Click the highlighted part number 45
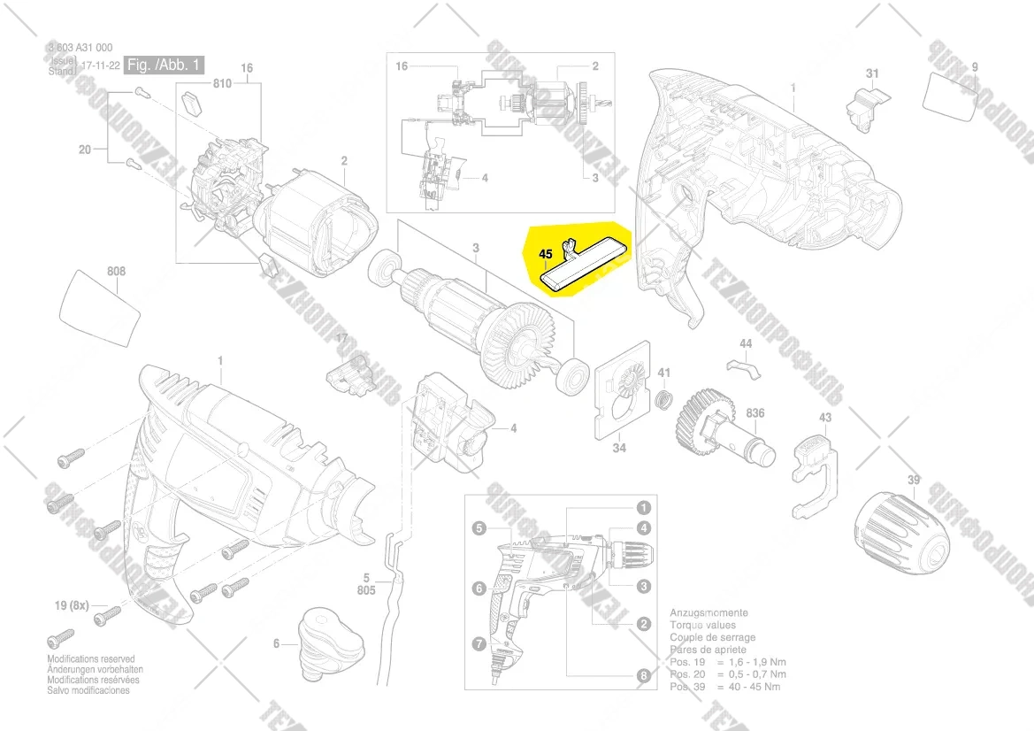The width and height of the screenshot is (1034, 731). tap(546, 254)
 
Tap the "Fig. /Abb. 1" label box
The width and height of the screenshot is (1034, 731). tap(165, 65)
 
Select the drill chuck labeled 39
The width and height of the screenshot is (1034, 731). tap(895, 524)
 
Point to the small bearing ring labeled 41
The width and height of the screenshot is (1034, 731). tap(664, 399)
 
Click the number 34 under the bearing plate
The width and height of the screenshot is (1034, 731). tap(619, 449)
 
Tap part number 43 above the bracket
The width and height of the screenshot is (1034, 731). tap(825, 418)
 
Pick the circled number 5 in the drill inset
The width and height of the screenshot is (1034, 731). tap(479, 528)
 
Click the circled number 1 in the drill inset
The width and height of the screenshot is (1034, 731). tap(643, 508)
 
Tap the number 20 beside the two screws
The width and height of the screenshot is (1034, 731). tap(85, 150)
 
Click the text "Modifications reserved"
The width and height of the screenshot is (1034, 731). tap(91, 659)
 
